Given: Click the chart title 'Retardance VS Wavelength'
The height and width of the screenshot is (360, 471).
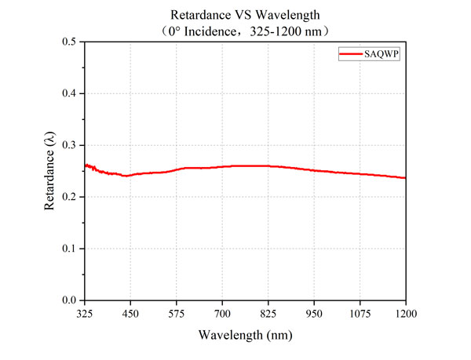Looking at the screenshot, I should tap(244, 15).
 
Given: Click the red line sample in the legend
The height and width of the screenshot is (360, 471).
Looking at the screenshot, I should tap(349, 53).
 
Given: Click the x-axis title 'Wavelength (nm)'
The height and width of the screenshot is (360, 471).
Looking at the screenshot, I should tap(245, 334).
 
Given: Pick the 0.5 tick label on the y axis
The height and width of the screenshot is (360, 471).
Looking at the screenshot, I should tap(69, 42).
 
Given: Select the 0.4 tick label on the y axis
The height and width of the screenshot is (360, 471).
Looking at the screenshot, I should tap(69, 93).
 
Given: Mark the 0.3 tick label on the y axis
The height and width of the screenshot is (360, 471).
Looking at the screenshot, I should tap(69, 145).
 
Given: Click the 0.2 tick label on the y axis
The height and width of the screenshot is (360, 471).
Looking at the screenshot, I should tap(69, 197).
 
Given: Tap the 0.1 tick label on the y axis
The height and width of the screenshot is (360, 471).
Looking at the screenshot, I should tap(69, 249).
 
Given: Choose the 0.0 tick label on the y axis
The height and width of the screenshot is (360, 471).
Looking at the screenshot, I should tap(69, 300).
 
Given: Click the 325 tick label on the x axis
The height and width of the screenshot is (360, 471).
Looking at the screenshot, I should tap(85, 313).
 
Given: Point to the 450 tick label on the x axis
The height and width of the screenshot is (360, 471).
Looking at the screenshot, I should tap(130, 313).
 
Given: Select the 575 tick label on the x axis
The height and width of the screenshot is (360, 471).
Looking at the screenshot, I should tap(177, 313).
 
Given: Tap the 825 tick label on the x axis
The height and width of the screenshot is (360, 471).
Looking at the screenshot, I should tap(268, 313).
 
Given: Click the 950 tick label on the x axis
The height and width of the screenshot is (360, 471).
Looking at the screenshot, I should tap(314, 313).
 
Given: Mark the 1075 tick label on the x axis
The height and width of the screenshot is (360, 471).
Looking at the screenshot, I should tap(360, 313).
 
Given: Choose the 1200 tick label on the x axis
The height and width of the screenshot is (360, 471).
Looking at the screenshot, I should tap(405, 313).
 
